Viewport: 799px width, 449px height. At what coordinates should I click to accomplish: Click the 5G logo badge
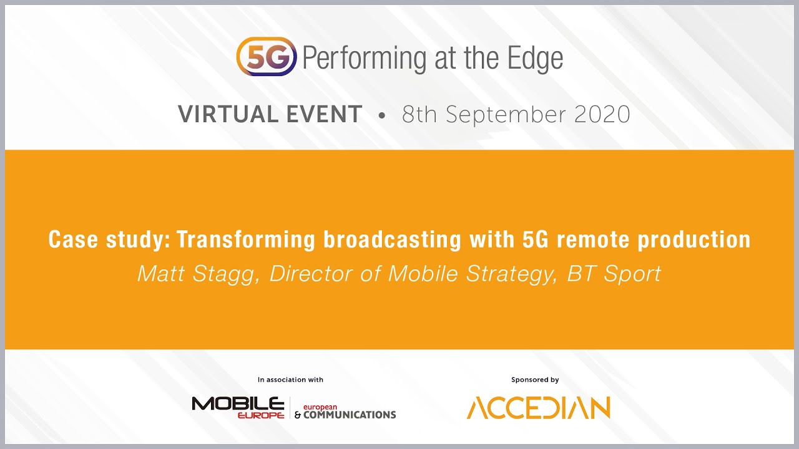[267, 57]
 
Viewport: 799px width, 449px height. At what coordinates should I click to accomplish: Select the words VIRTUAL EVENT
[270, 115]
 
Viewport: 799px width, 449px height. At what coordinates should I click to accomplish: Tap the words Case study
[108, 240]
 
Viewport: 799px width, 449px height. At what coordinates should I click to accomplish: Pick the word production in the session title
[694, 240]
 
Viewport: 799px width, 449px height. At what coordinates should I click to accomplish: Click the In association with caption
[290, 380]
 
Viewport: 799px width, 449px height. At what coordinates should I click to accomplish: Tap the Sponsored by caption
[535, 380]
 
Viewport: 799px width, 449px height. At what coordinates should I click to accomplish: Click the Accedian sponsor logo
[538, 408]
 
